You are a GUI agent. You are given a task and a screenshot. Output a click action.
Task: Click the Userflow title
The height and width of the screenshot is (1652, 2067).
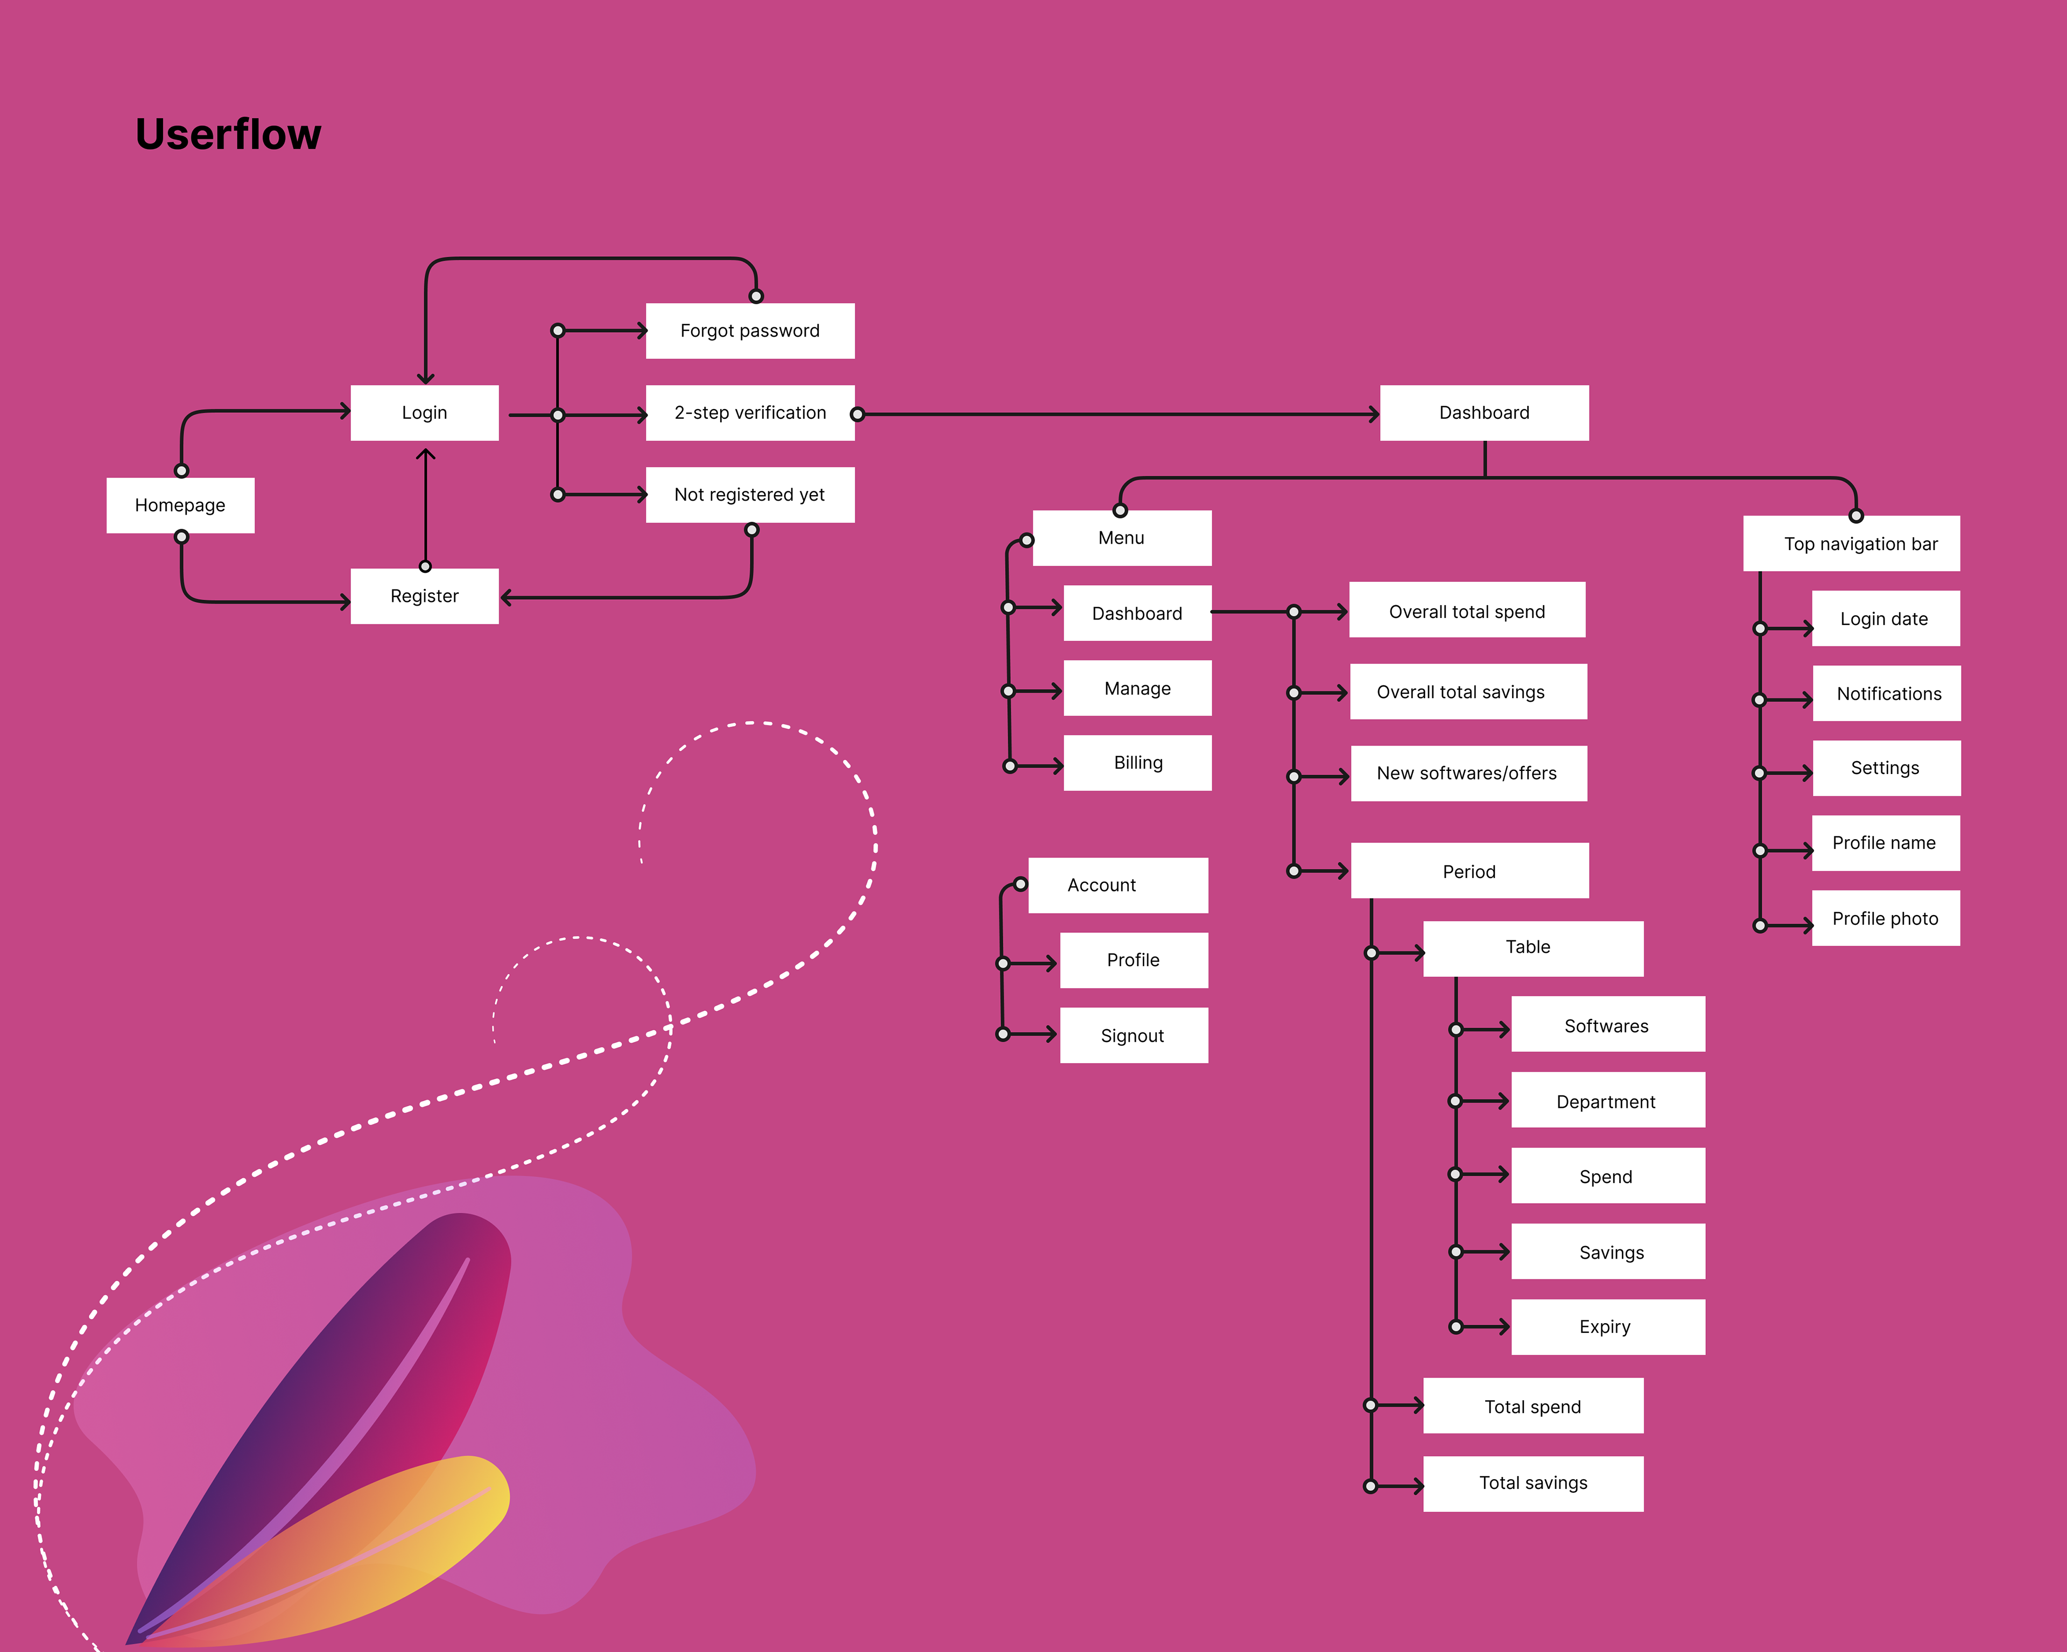click(x=228, y=134)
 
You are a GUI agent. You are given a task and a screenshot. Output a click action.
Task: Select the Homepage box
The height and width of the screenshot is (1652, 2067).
click(x=180, y=505)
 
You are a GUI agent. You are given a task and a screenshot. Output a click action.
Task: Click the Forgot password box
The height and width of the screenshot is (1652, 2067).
click(x=750, y=331)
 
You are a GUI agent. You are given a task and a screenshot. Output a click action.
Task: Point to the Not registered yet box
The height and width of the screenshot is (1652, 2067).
click(x=750, y=495)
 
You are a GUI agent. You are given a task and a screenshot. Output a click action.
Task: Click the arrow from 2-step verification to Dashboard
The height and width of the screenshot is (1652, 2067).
click(x=1117, y=414)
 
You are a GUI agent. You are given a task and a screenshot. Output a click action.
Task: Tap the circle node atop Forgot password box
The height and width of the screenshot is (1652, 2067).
click(x=756, y=296)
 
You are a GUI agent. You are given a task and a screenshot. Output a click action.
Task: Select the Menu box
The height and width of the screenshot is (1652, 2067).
click(x=1122, y=538)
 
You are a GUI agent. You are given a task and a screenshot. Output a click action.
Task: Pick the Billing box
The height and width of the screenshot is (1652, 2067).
click(x=1138, y=763)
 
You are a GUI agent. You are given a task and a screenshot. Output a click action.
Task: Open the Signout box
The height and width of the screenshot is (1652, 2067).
click(x=1133, y=1036)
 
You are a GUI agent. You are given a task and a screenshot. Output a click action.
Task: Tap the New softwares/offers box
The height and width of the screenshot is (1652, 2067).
click(x=1468, y=774)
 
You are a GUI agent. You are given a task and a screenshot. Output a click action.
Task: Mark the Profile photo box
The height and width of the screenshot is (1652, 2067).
click(x=1886, y=918)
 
